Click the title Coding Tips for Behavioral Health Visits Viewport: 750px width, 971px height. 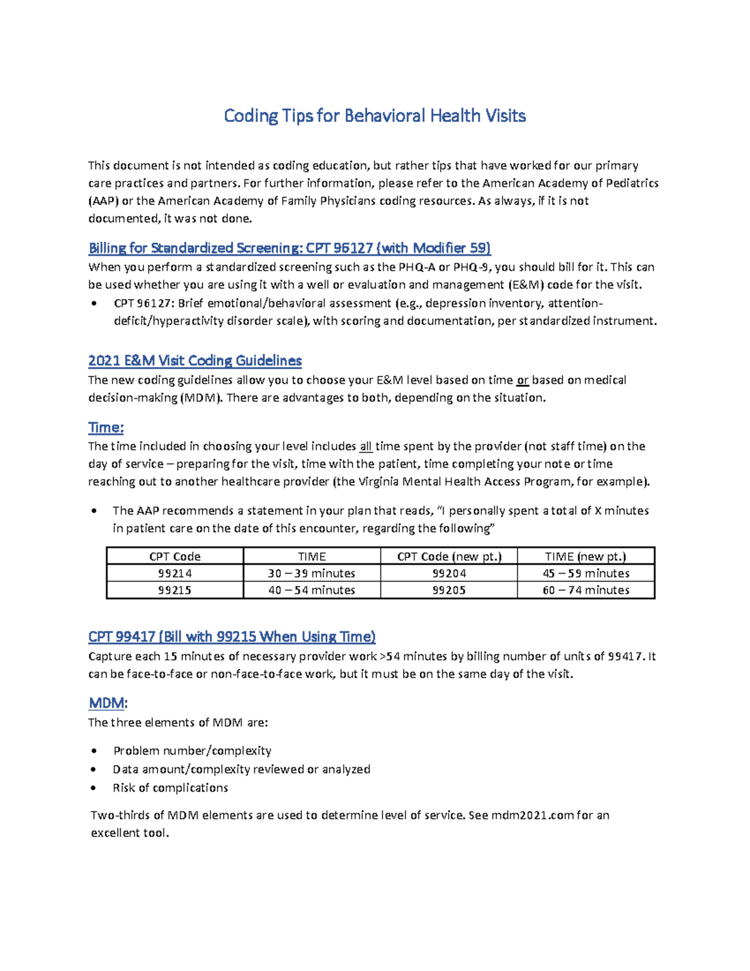point(374,116)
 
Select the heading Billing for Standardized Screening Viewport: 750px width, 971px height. point(289,248)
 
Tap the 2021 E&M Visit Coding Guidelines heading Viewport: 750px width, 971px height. point(194,361)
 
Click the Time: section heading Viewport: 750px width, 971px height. point(106,428)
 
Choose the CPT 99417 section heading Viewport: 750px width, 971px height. point(231,636)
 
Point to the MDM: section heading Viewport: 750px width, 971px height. point(107,703)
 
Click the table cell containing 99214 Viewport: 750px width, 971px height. point(175,573)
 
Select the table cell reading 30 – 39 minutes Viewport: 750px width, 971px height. point(311,573)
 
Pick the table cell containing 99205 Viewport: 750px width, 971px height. point(449,590)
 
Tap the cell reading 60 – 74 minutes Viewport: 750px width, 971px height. point(586,590)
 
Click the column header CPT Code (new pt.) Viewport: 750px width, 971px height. point(449,556)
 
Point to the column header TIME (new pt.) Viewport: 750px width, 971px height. point(586,556)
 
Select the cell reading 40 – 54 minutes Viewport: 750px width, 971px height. point(311,590)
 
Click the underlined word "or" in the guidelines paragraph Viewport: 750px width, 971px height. point(522,380)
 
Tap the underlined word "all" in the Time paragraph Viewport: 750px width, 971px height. point(366,446)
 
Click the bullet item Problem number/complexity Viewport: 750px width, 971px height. point(192,751)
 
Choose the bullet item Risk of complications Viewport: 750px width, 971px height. point(170,788)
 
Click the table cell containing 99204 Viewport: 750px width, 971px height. point(449,573)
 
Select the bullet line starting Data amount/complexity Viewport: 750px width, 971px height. point(241,770)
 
